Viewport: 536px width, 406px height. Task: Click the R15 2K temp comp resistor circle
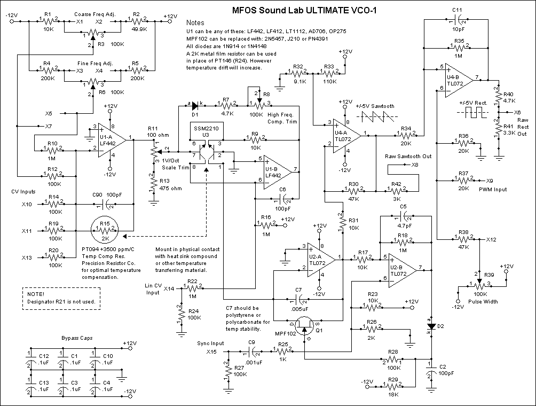(105, 230)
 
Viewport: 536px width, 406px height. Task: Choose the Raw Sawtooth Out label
(408, 157)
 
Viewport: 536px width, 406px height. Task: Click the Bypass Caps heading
(76, 339)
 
